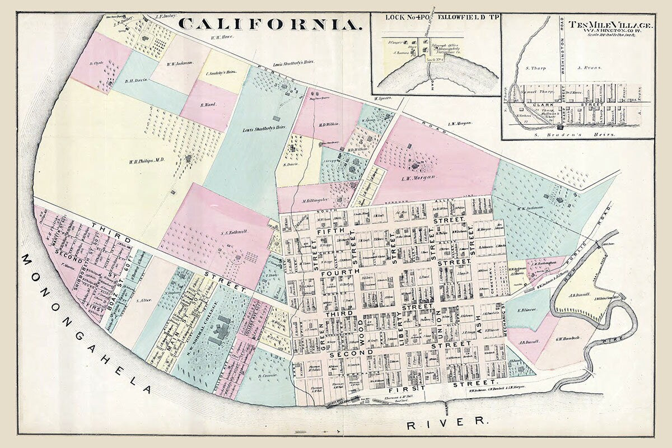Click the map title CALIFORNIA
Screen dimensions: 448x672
click(x=269, y=24)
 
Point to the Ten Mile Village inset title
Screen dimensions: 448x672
click(x=610, y=26)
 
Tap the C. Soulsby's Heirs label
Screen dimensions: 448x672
click(x=222, y=73)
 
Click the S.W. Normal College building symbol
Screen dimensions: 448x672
click(x=218, y=330)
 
